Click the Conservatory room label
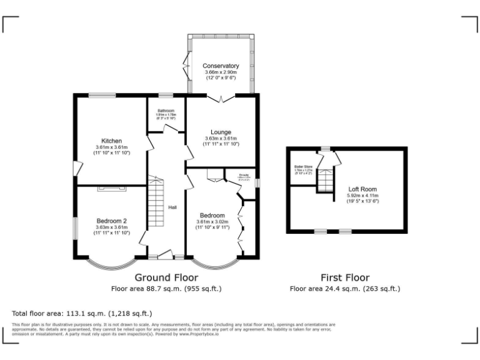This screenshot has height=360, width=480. click(221, 66)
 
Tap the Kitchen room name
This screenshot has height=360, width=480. click(112, 141)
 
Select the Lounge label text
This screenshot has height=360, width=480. click(221, 132)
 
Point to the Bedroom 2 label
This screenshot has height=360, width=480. click(112, 221)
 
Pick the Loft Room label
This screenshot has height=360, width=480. click(362, 189)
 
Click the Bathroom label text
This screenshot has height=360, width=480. click(166, 111)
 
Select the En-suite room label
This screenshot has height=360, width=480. click(244, 175)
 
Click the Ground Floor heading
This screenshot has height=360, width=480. click(166, 277)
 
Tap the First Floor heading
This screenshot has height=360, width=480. click(345, 277)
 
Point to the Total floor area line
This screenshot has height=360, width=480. click(82, 313)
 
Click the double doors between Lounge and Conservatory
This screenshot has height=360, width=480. click(221, 97)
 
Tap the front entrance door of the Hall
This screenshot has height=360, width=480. click(166, 254)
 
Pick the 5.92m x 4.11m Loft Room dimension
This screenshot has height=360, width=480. click(362, 196)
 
